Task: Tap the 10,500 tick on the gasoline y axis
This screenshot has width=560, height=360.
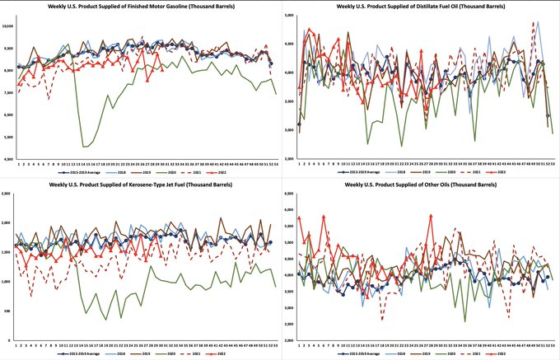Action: pyautogui.click(x=8, y=26)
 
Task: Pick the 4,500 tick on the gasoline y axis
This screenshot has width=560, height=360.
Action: pyautogui.click(x=8, y=159)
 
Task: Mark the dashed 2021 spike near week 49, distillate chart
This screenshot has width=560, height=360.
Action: pyautogui.click(x=533, y=23)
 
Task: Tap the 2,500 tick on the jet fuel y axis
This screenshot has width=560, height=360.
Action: pyautogui.click(x=8, y=194)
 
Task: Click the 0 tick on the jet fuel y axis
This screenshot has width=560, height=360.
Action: pyautogui.click(x=11, y=340)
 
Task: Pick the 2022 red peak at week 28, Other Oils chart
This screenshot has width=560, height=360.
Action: pyautogui.click(x=431, y=215)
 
